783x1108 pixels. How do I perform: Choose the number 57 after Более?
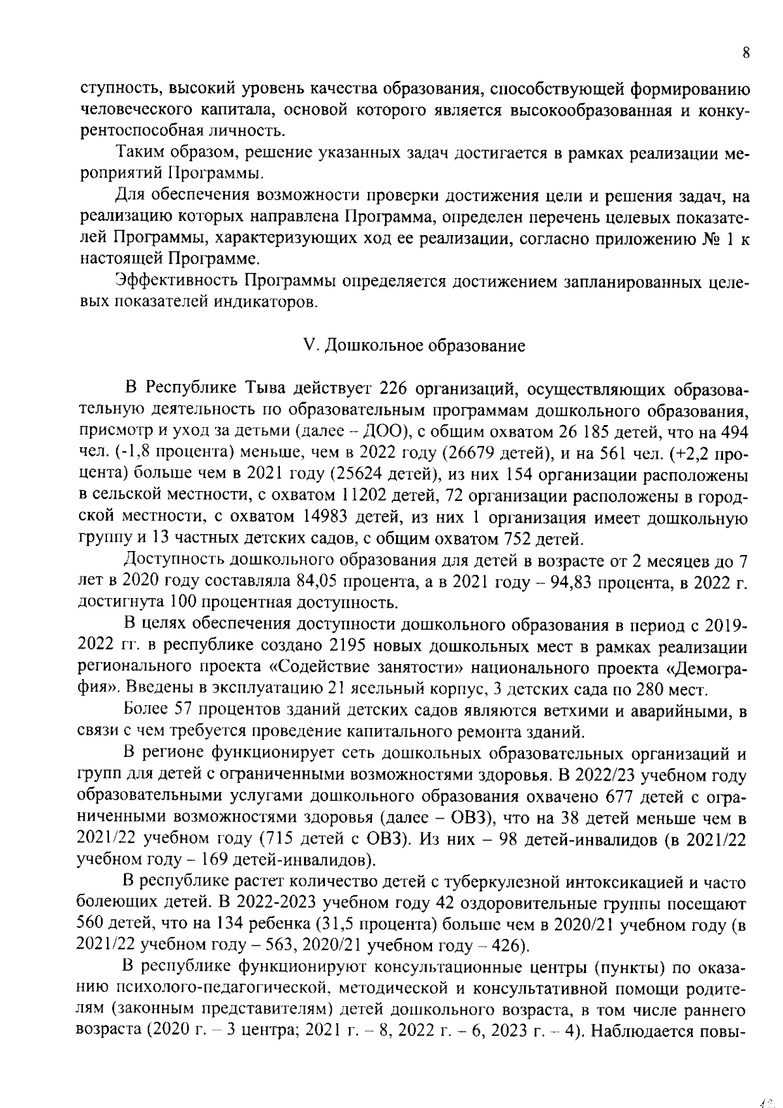188,710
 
